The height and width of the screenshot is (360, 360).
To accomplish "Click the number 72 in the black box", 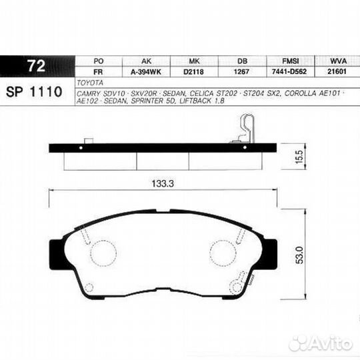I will tap(37, 67).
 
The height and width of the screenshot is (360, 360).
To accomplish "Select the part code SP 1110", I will tap(35, 91).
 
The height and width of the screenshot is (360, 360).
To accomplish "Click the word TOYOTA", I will tap(91, 83).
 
